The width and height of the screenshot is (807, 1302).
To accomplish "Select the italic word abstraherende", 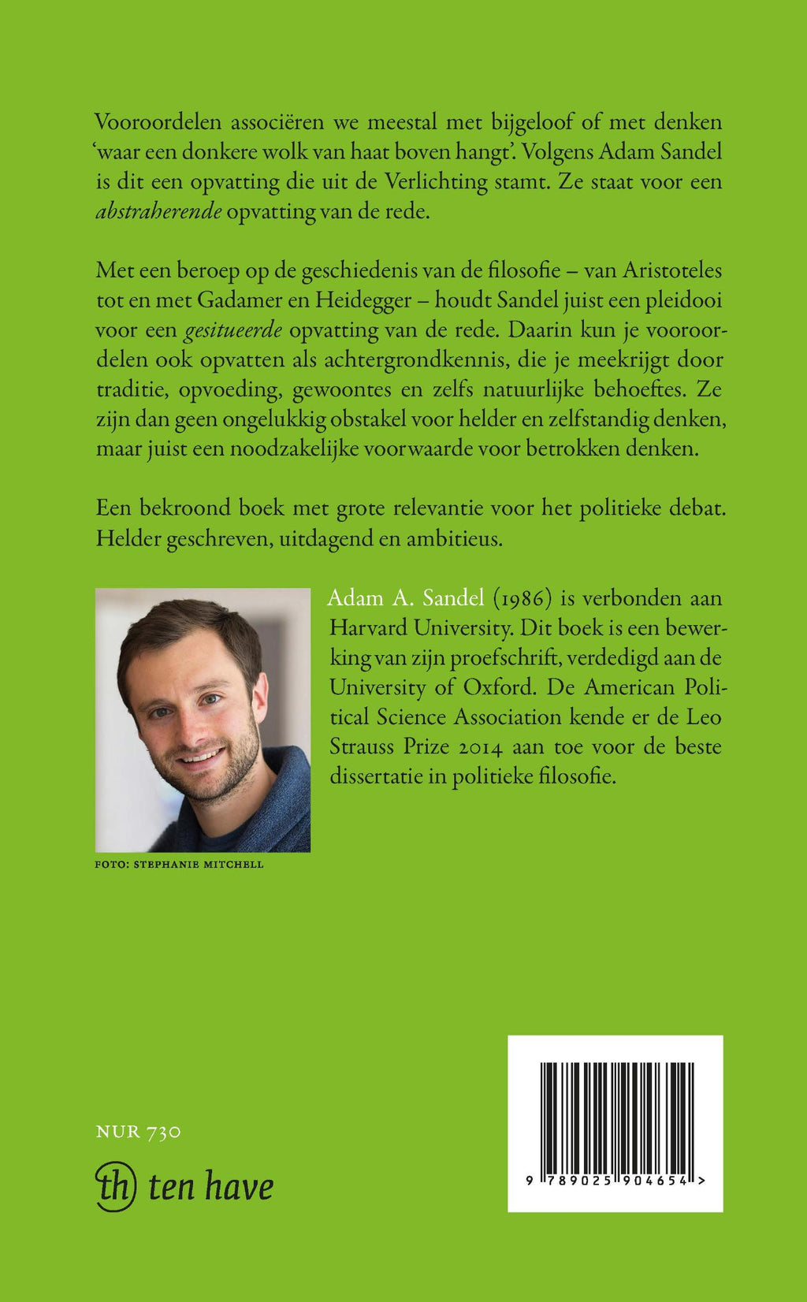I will click(158, 211).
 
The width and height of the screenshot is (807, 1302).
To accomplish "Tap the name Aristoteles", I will click(672, 270).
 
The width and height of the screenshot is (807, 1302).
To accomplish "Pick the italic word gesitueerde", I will click(232, 329).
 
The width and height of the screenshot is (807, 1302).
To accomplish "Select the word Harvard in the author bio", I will click(368, 628).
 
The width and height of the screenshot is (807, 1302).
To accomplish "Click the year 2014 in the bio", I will click(480, 746).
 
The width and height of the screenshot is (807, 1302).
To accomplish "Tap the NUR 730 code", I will click(138, 1132).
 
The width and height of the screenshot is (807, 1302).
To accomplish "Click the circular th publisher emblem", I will click(116, 1188).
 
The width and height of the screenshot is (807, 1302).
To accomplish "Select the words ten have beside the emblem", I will click(210, 1187).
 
